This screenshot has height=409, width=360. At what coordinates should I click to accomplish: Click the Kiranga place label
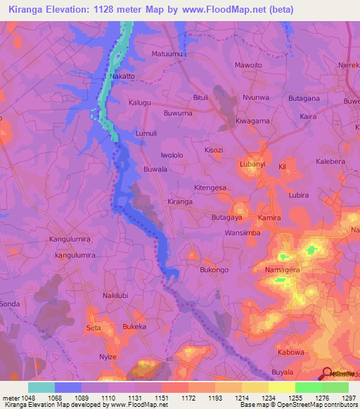coord(180,202)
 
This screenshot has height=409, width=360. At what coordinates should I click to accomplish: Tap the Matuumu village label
coord(167,53)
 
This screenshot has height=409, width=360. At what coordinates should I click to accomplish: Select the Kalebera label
coord(333,162)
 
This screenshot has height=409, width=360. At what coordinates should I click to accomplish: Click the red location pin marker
coord(327,374)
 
